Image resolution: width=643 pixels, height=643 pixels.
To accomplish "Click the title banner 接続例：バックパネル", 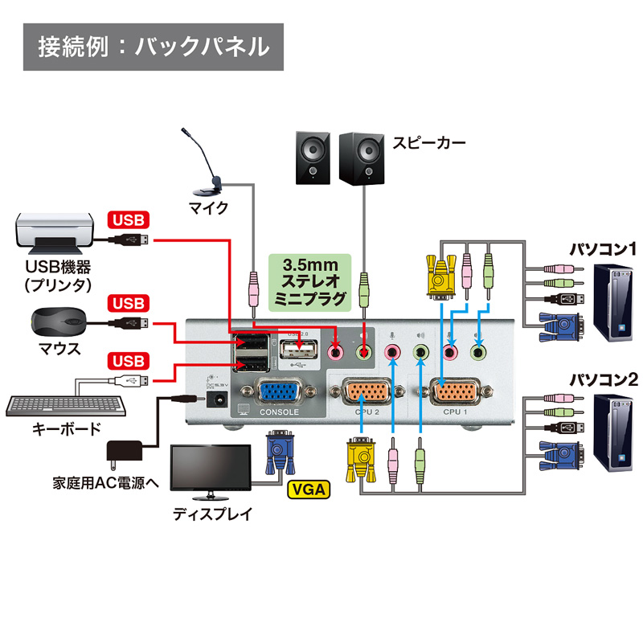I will tap(153, 46).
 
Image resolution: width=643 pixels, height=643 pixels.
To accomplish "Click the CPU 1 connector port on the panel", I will tap(456, 393).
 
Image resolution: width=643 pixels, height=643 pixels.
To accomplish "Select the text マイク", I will tap(208, 207).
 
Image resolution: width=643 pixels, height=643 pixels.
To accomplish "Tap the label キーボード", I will tap(66, 429).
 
